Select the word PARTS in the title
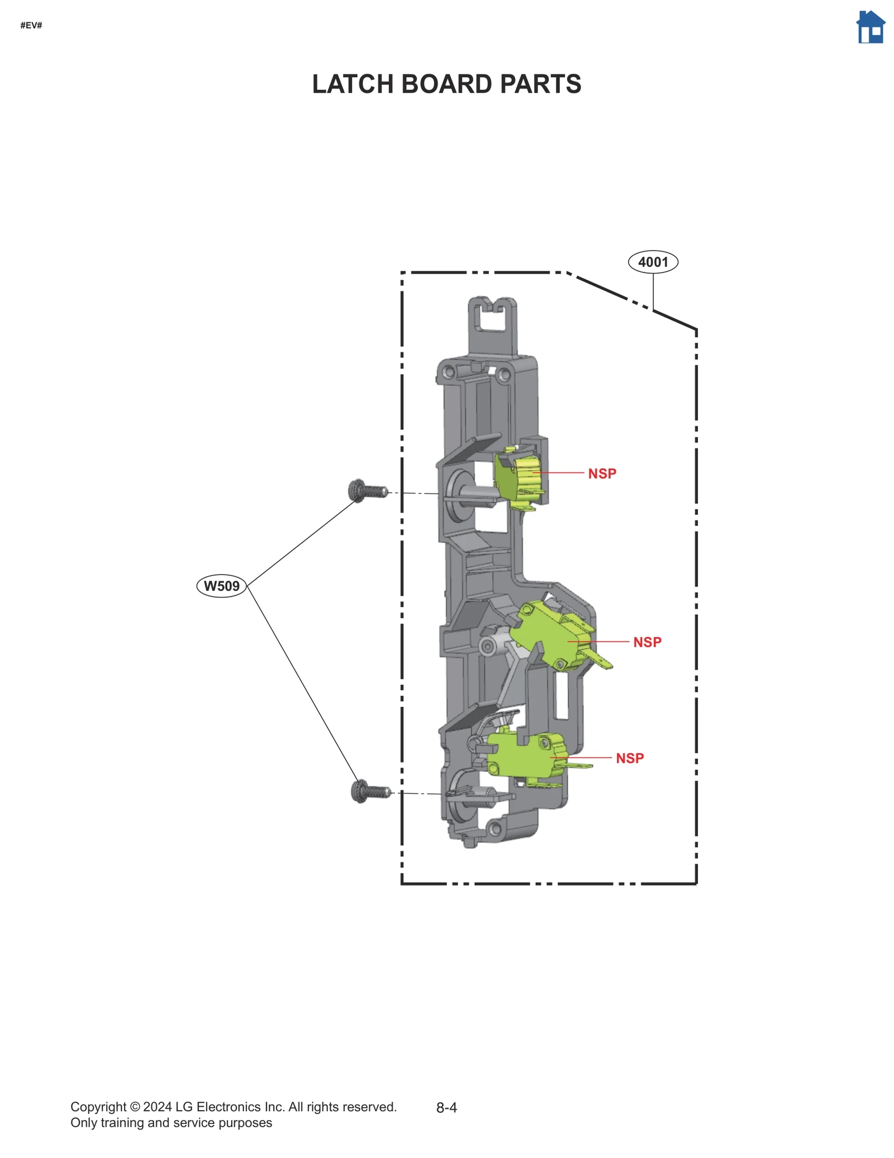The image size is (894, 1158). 540,84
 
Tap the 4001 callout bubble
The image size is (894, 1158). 653,262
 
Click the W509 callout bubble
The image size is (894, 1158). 221,586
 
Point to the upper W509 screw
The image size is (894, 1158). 367,491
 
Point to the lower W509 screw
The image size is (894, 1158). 370,791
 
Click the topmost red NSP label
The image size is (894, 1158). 602,473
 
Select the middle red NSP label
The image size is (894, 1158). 646,642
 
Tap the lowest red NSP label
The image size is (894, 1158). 630,758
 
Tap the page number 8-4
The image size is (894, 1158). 446,1108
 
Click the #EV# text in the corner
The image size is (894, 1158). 31,25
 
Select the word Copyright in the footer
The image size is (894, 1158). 98,1107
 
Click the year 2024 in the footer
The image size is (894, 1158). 157,1107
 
